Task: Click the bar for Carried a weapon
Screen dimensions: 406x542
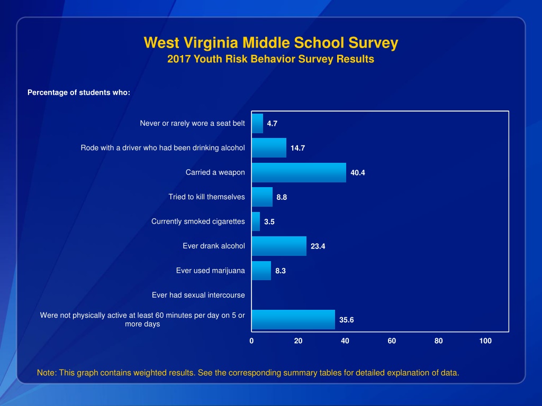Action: click(x=299, y=172)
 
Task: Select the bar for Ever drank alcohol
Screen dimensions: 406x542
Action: click(x=279, y=246)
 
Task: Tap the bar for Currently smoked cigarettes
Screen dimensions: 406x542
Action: click(x=256, y=222)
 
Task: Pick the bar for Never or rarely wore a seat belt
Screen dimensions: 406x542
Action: click(x=257, y=123)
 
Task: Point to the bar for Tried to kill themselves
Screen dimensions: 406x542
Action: click(x=262, y=197)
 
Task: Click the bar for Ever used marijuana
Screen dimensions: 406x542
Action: click(x=261, y=271)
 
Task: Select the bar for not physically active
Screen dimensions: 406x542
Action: click(x=293, y=319)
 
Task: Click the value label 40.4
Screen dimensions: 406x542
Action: click(x=358, y=173)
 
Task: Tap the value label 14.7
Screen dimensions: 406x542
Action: click(x=297, y=148)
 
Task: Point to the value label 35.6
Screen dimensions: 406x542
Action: click(x=347, y=320)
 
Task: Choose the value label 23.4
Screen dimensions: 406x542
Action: click(x=318, y=246)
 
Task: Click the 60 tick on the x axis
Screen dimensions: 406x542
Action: click(x=392, y=341)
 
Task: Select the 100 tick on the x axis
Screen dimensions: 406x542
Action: click(x=485, y=341)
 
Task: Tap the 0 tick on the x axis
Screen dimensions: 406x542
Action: click(x=251, y=341)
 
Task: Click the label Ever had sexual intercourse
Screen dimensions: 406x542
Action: click(x=198, y=295)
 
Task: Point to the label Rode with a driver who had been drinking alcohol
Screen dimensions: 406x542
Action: click(x=162, y=147)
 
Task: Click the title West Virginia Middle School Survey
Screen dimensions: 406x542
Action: click(x=270, y=43)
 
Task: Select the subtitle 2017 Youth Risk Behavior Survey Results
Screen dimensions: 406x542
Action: click(x=270, y=59)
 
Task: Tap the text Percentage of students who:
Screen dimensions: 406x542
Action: click(x=79, y=93)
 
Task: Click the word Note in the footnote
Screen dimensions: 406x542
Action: click(x=46, y=373)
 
